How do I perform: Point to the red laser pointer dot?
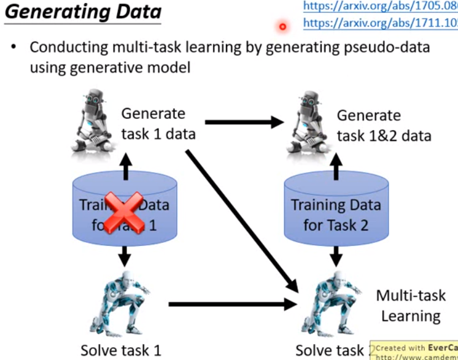[283, 26]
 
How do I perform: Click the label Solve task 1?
[120, 350]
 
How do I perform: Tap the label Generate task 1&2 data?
[384, 125]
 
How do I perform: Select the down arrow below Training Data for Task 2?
[335, 253]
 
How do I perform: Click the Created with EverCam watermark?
[414, 351]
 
